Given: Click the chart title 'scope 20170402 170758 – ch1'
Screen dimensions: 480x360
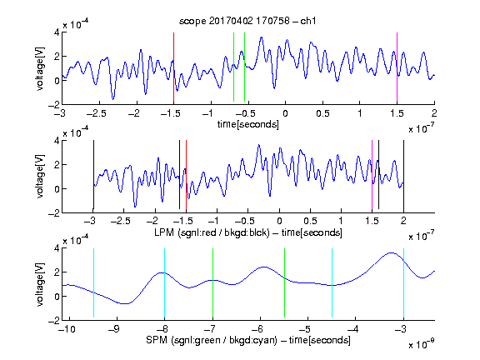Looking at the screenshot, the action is click(247, 21).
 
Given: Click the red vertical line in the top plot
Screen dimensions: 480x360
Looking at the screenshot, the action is click(173, 67).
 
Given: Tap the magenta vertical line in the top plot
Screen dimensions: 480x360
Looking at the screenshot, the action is click(397, 67).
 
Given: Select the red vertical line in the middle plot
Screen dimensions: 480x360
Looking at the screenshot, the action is click(186, 174).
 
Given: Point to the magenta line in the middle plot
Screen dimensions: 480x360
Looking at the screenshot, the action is click(372, 174).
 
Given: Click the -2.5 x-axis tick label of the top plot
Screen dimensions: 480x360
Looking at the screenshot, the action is click(97, 113).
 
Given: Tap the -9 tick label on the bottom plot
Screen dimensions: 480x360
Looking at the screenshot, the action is click(114, 329).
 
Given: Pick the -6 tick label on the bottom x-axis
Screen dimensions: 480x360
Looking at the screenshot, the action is click(257, 329).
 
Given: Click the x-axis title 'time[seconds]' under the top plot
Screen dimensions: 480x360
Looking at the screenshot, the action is click(248, 124).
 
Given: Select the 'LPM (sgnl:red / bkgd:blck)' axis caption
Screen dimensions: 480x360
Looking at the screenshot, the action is click(212, 232).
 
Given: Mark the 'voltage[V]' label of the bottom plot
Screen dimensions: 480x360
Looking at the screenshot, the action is click(40, 284).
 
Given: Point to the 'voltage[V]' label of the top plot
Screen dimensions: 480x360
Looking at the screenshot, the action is click(40, 68).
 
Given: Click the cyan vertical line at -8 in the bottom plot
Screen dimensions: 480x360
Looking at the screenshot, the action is click(164, 282).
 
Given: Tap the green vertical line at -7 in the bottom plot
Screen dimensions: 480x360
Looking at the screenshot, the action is click(212, 282).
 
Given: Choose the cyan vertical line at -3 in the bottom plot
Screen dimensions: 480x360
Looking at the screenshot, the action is click(403, 282).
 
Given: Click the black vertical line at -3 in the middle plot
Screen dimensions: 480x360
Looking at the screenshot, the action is click(93, 174).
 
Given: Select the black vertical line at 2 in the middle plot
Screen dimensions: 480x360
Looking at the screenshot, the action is click(403, 174).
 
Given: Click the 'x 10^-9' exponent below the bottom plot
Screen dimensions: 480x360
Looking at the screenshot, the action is click(421, 345).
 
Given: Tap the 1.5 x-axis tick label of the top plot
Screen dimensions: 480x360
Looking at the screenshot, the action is click(397, 113).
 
